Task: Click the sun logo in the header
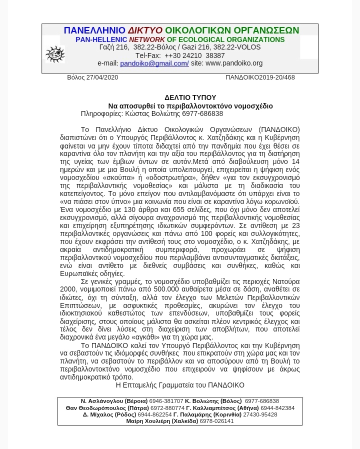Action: [x=55, y=54]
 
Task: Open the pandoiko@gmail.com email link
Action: [x=154, y=63]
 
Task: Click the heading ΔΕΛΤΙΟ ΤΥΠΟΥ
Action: [x=190, y=97]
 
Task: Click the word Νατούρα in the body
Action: [x=286, y=281]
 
